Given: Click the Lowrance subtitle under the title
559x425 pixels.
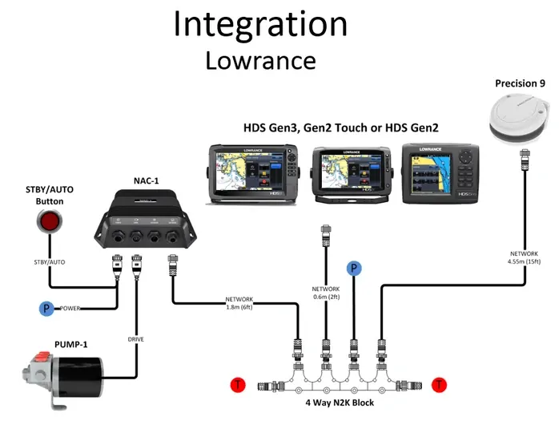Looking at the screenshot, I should click(260, 61).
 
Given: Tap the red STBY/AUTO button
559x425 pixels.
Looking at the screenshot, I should click(53, 221).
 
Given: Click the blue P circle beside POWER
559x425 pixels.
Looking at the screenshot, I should click(47, 309).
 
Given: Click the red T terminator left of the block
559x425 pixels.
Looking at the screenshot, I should click(238, 385).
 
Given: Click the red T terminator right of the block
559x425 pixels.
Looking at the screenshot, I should click(439, 385).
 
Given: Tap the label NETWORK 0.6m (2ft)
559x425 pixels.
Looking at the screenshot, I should click(326, 293).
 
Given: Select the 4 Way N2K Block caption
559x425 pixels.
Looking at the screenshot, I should click(339, 403).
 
